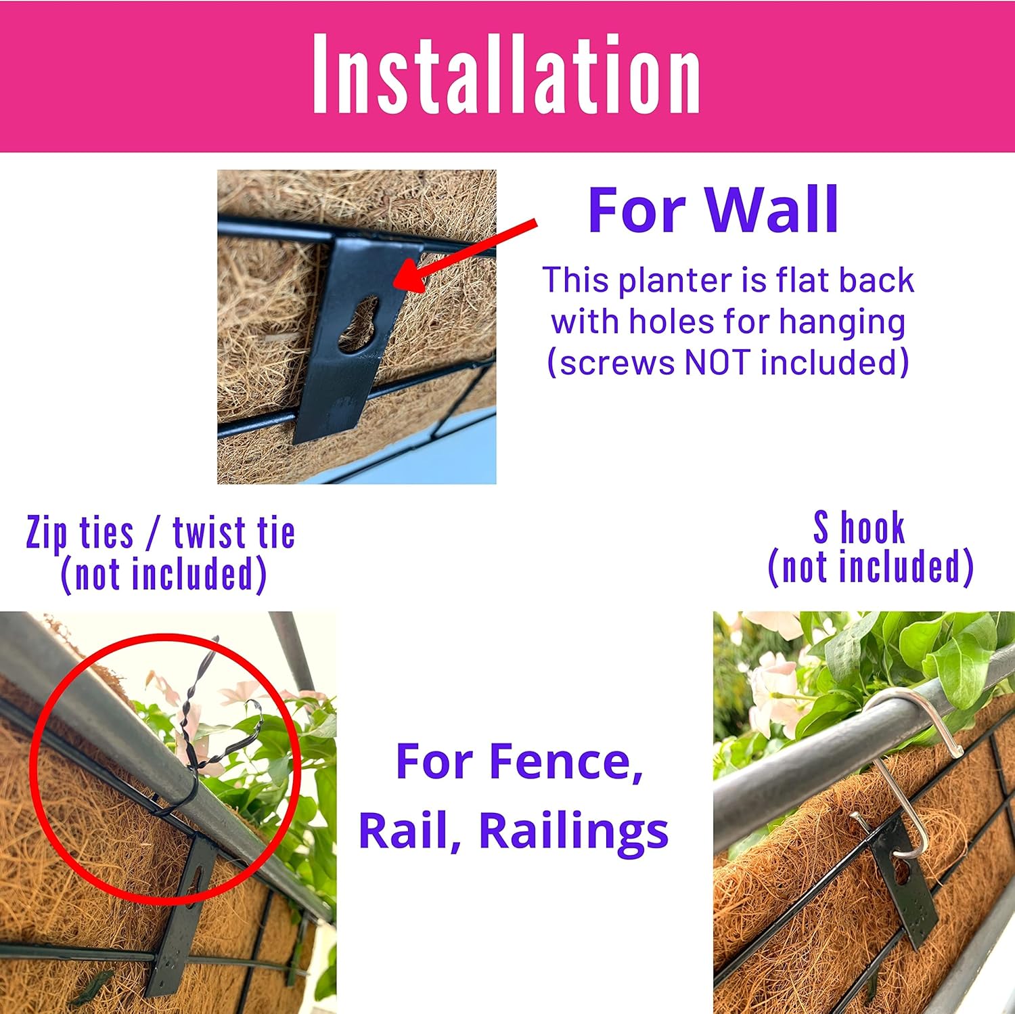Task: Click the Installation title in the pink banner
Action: point(506,74)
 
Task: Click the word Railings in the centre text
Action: point(574,832)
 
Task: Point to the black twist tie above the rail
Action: point(203,724)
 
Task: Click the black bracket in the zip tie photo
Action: point(183,917)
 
